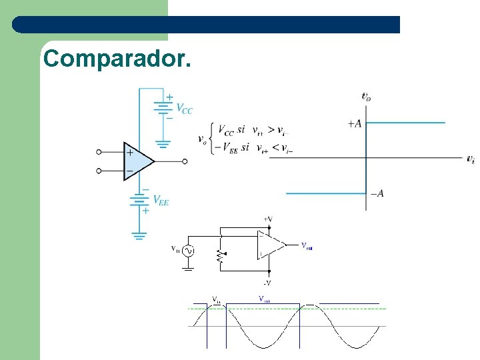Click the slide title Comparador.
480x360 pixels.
click(117, 59)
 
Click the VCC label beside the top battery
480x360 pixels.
click(184, 109)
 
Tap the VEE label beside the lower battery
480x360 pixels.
click(161, 199)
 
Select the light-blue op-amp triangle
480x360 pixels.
click(136, 161)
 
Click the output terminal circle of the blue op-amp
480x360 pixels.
click(185, 161)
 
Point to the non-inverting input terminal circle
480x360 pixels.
click(99, 152)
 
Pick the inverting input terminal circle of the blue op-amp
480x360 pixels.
click(99, 171)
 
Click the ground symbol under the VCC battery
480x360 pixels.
click(163, 143)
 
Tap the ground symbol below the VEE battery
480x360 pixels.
click(139, 235)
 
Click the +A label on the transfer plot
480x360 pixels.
click(355, 123)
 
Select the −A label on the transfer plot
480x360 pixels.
click(377, 193)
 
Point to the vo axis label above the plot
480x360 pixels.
click(366, 97)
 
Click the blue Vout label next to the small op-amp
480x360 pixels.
click(307, 246)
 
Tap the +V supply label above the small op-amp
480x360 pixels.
click(267, 219)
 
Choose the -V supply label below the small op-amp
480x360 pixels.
click(267, 283)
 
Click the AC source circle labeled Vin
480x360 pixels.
click(188, 251)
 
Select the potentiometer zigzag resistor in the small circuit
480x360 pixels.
click(218, 255)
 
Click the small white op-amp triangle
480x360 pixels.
click(269, 245)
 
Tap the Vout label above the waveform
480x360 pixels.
click(264, 299)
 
